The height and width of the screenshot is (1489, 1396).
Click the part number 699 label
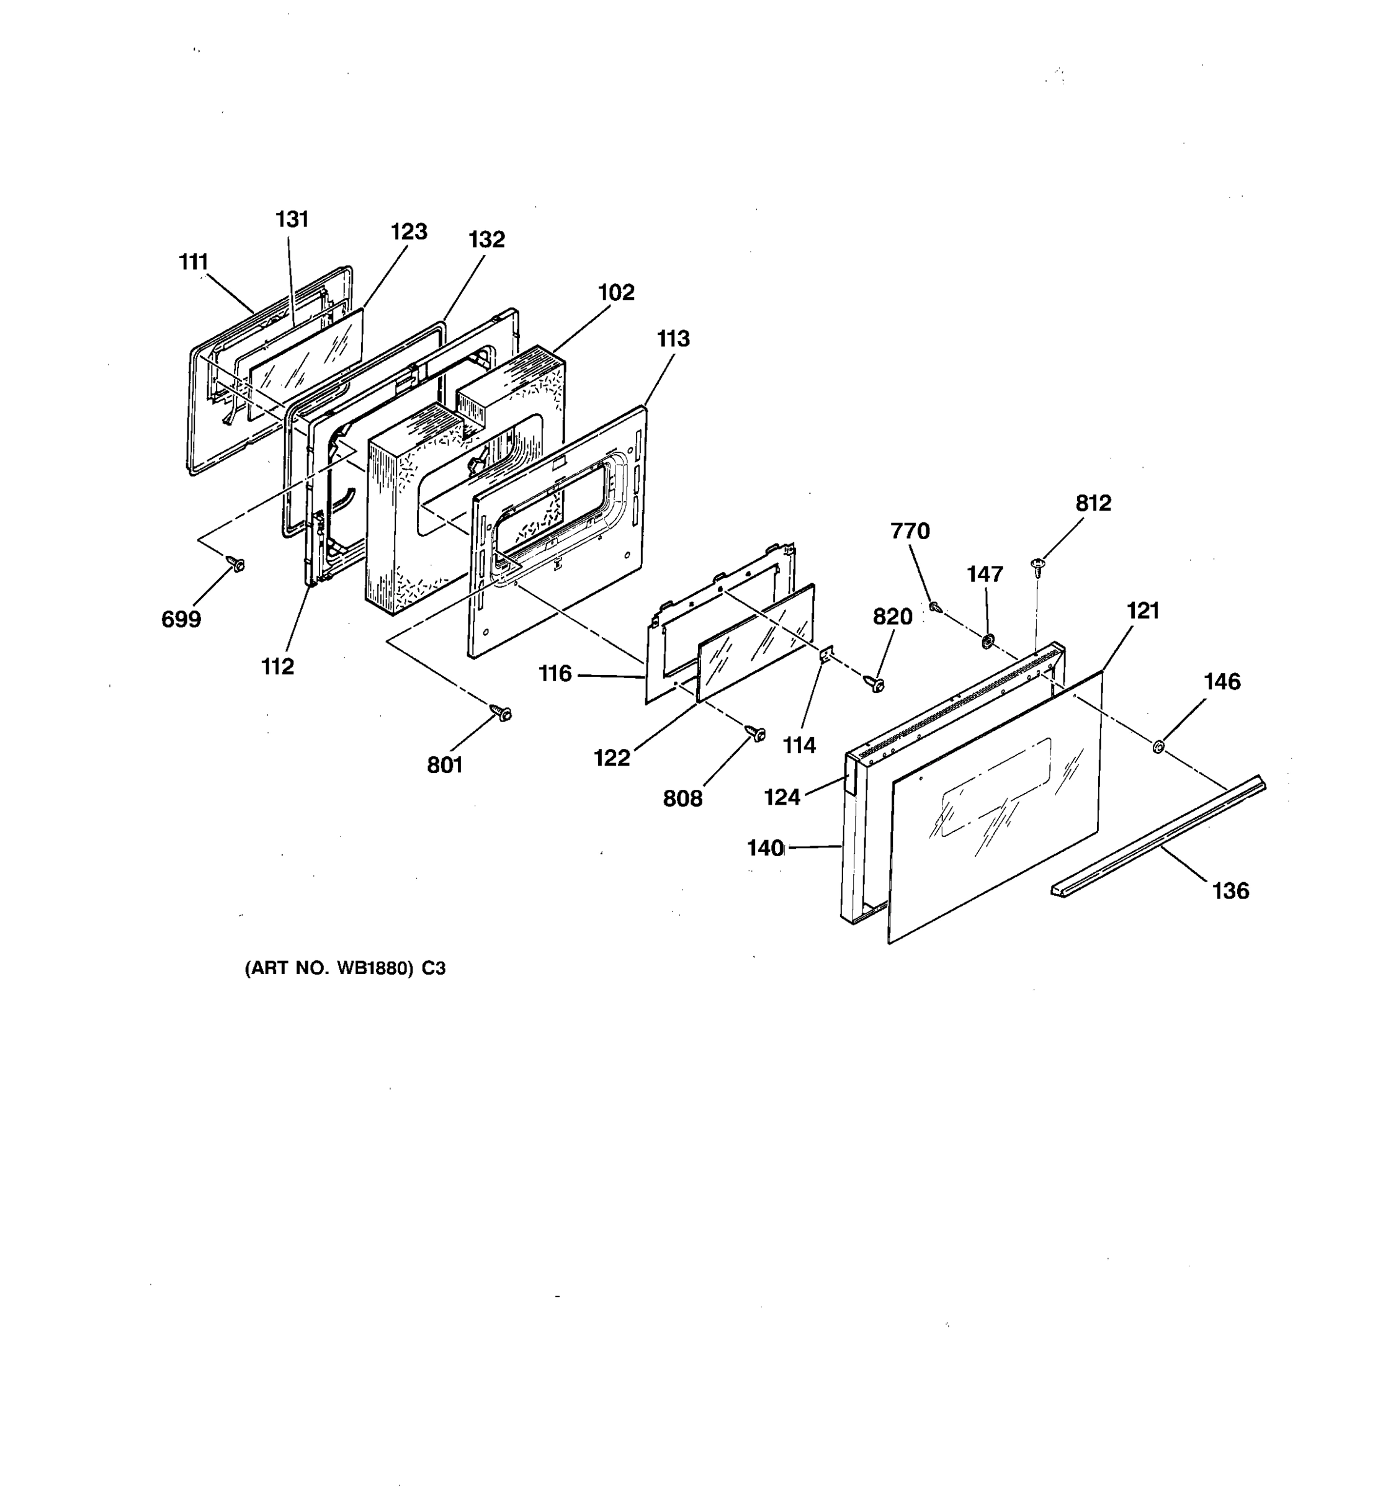pyautogui.click(x=181, y=619)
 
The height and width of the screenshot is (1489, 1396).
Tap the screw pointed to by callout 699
pyautogui.click(x=238, y=565)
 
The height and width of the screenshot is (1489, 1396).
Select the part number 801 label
pyautogui.click(x=445, y=765)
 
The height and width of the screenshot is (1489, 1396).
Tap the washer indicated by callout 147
pyautogui.click(x=987, y=640)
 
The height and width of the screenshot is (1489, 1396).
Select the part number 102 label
pyautogui.click(x=616, y=292)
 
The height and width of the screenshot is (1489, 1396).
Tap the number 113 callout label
pyautogui.click(x=673, y=339)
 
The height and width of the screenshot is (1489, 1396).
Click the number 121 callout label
pyautogui.click(x=1143, y=611)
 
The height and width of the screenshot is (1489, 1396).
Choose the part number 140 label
pyautogui.click(x=764, y=848)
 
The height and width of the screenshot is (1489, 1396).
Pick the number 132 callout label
pyautogui.click(x=487, y=239)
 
